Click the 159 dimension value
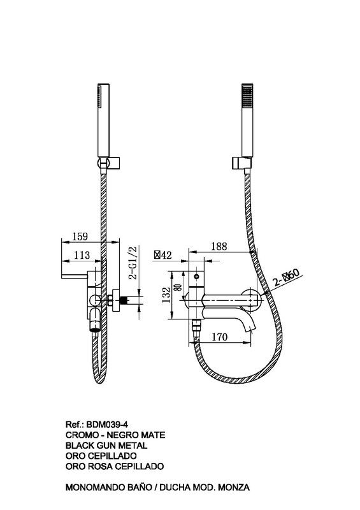80,236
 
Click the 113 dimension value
82,255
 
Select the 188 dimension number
219,246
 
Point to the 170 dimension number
220,337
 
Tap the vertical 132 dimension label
166,295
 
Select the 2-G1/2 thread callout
133,263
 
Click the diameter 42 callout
163,256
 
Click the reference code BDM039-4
107,425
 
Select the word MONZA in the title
234,487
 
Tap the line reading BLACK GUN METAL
106,445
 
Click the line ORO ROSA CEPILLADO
115,466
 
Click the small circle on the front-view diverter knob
196,277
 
